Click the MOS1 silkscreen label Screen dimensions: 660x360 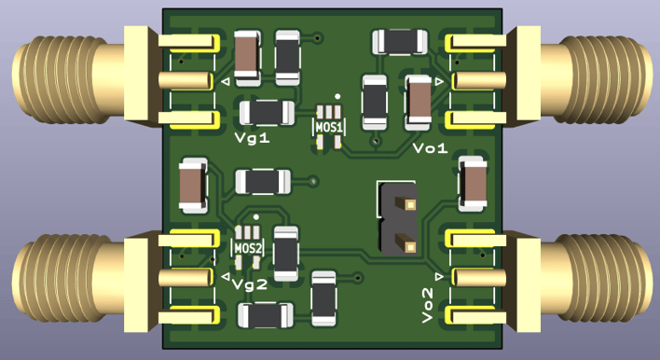pos(329,127)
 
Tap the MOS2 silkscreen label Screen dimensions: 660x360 pos(248,248)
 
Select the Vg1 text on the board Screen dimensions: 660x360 pos(252,138)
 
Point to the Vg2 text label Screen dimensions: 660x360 pos(250,284)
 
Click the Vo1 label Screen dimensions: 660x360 pos(430,148)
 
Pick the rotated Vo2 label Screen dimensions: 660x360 pos(427,306)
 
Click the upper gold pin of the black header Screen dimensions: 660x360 pos(409,204)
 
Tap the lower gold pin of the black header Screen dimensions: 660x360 pos(409,246)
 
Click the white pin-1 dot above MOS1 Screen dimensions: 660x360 pos(337,96)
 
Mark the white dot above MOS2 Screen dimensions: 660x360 pos(256,217)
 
